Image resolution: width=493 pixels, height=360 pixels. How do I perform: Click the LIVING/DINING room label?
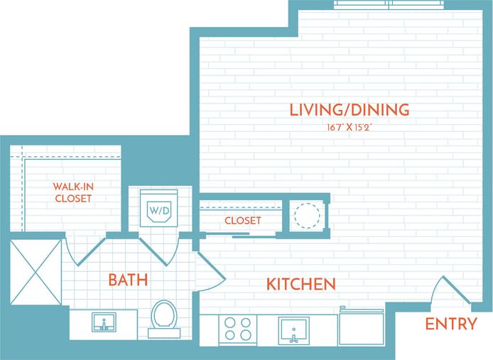(x=350, y=110)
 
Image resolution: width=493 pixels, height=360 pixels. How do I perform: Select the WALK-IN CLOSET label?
(x=73, y=192)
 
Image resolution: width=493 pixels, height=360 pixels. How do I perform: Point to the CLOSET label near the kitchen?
(x=242, y=221)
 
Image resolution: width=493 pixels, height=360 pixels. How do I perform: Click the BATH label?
(x=128, y=280)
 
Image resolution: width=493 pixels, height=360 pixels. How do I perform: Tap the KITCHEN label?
(x=300, y=285)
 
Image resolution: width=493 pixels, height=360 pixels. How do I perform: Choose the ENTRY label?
(x=450, y=324)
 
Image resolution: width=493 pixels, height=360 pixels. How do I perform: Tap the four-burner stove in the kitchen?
(x=237, y=329)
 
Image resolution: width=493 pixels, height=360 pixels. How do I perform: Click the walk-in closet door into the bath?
(x=79, y=249)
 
